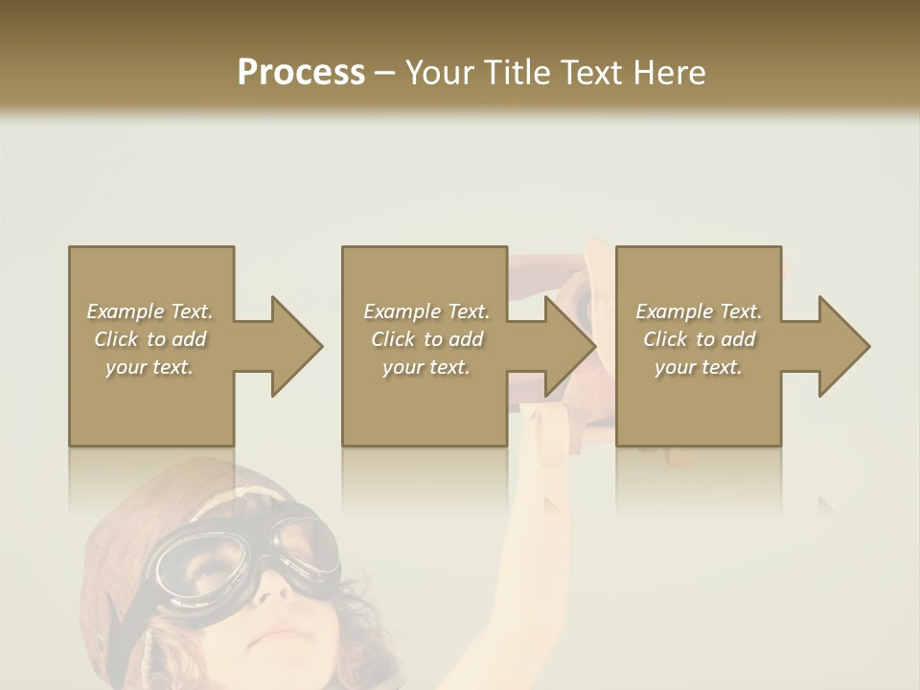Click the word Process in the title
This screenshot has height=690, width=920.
[x=301, y=72]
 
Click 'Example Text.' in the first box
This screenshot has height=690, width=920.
[x=150, y=311]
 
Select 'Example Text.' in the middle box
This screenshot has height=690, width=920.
[x=426, y=311]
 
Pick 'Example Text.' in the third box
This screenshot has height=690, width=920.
[x=699, y=311]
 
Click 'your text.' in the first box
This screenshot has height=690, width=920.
[x=149, y=367]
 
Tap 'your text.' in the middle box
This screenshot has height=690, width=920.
[x=426, y=367]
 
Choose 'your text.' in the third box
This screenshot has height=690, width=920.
[x=699, y=367]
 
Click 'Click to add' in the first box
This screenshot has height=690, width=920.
[x=150, y=339]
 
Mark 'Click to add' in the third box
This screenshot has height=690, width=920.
[x=699, y=339]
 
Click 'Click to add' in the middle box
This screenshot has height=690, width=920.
[x=426, y=339]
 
